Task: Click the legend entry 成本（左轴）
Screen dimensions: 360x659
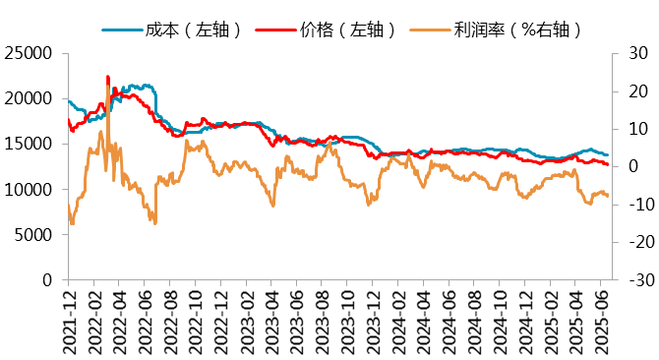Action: tap(192, 30)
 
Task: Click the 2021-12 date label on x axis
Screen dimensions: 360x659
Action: tap(69, 322)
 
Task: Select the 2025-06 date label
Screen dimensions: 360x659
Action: tap(601, 322)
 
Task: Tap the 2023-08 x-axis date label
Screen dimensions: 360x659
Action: tap(323, 322)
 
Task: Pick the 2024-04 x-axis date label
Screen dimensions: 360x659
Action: tap(424, 322)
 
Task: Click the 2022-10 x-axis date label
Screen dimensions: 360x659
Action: tap(196, 322)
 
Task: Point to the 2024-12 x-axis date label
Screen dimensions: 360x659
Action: tap(525, 322)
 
